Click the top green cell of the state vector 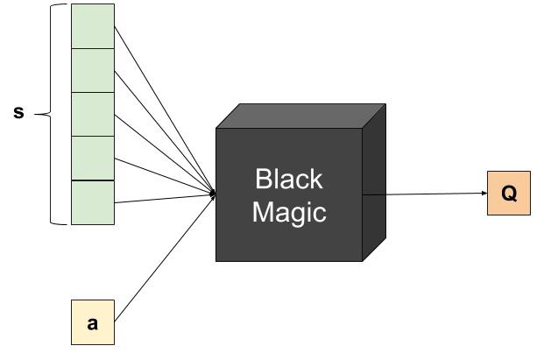tap(92, 26)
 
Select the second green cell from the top tap(92, 70)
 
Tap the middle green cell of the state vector tap(92, 114)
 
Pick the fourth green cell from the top tap(92, 158)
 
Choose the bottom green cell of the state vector tap(92, 202)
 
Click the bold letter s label tap(18, 113)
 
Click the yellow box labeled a tap(92, 322)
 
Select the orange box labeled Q tap(509, 194)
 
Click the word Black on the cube tap(289, 180)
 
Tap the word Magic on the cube tap(289, 212)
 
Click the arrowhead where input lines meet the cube tap(213, 192)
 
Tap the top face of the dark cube tap(302, 116)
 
